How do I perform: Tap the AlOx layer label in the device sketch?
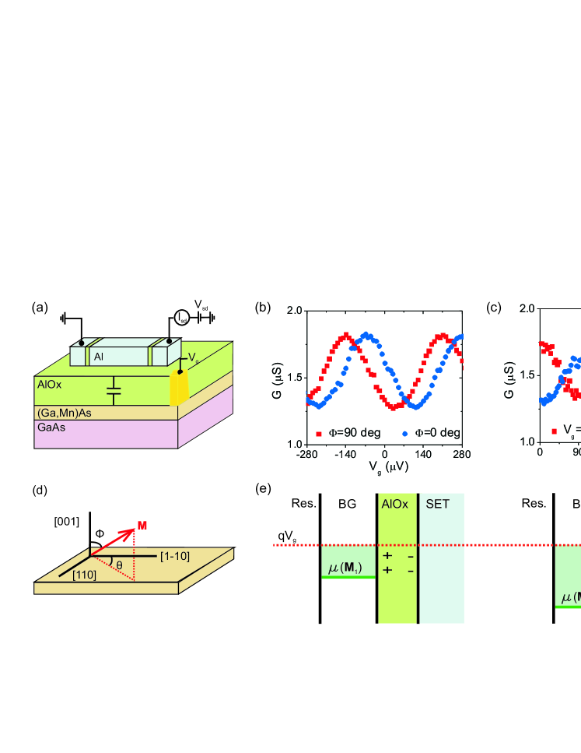[49, 383]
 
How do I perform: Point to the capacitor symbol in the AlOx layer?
[114, 391]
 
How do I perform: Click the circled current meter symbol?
[180, 316]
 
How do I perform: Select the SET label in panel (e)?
[436, 526]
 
